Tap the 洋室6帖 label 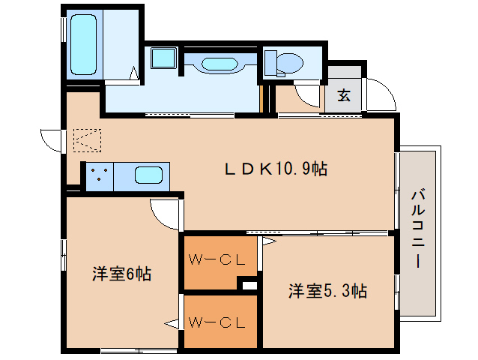122,274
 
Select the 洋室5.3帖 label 327,291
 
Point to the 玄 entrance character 344,95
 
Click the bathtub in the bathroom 85,45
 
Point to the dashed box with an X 86,139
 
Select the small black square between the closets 248,285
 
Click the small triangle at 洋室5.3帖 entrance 268,242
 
